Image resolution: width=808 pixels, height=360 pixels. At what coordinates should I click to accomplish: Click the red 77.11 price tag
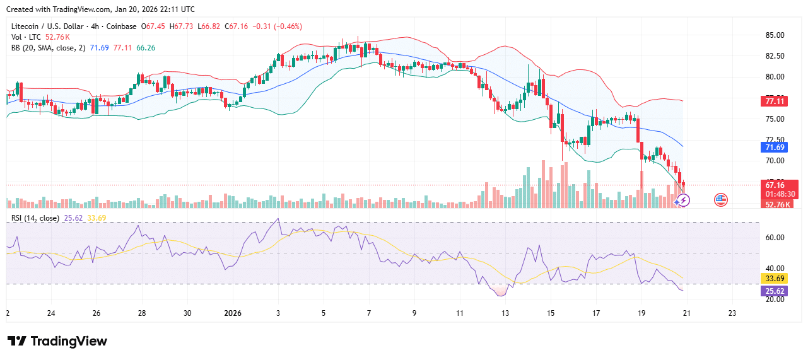pyautogui.click(x=775, y=101)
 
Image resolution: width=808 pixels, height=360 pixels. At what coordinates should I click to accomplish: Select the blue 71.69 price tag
pyautogui.click(x=775, y=147)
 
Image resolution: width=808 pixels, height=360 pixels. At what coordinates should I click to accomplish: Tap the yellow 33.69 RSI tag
pyautogui.click(x=775, y=277)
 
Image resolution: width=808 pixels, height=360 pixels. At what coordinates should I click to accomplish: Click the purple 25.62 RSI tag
pyautogui.click(x=775, y=291)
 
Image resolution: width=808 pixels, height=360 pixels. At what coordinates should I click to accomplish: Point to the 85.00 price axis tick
pyautogui.click(x=775, y=35)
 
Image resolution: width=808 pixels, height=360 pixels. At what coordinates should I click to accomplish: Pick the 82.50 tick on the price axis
pyautogui.click(x=775, y=56)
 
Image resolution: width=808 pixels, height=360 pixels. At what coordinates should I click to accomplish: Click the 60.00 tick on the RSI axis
pyautogui.click(x=775, y=238)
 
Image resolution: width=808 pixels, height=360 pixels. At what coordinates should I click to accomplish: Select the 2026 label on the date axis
pyautogui.click(x=233, y=313)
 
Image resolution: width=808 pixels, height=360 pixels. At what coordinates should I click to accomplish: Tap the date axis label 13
pyautogui.click(x=505, y=313)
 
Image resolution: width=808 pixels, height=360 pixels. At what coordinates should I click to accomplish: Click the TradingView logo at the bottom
pyautogui.click(x=57, y=341)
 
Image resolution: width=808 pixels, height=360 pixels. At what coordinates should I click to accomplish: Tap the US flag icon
pyautogui.click(x=720, y=200)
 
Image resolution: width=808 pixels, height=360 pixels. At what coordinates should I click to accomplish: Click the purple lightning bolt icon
pyautogui.click(x=682, y=200)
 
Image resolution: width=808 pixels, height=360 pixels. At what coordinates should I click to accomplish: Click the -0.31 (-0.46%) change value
pyautogui.click(x=278, y=26)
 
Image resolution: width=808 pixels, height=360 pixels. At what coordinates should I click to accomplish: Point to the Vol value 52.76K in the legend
pyautogui.click(x=57, y=37)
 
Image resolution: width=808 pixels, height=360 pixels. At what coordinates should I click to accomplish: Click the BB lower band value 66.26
pyautogui.click(x=146, y=48)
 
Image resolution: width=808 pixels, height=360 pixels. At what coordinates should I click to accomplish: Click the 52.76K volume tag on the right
pyautogui.click(x=778, y=204)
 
